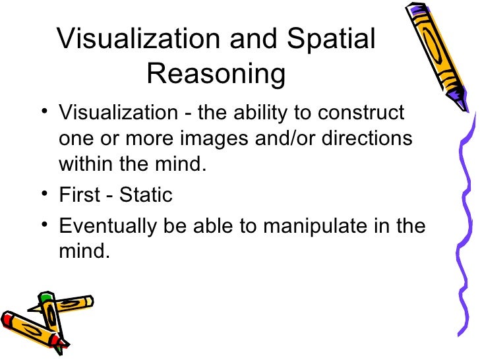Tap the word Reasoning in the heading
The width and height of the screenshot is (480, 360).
[x=216, y=75]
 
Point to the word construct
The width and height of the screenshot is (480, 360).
[x=361, y=113]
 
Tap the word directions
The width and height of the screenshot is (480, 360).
[x=366, y=140]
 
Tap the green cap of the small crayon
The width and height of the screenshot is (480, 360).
[x=44, y=298]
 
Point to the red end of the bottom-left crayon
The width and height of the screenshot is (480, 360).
[x=8, y=322]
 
